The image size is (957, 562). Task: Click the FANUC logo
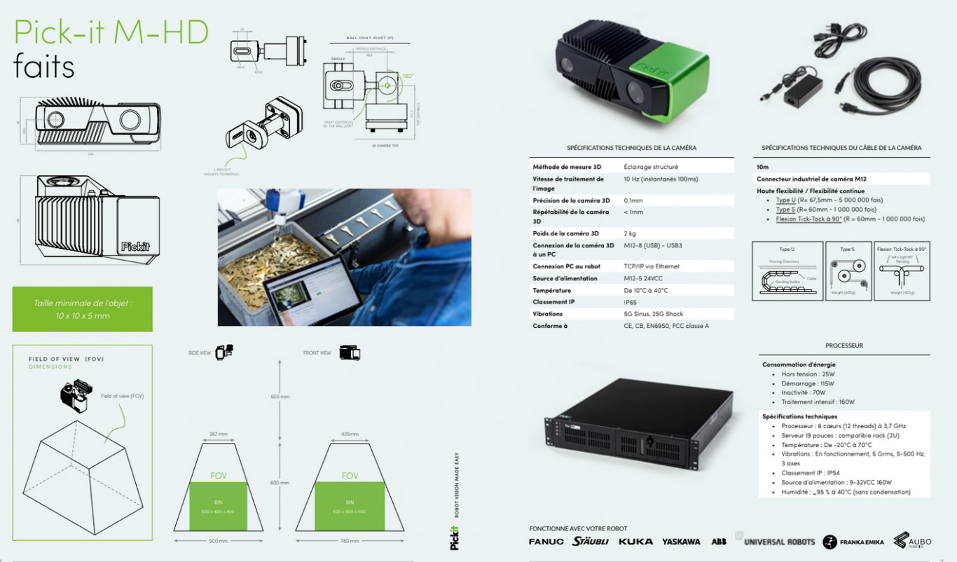click(x=546, y=542)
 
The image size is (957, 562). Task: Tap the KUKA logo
click(x=636, y=542)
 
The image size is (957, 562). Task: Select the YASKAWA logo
click(x=681, y=542)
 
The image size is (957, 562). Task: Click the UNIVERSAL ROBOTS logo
click(x=778, y=542)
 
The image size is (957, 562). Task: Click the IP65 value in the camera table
click(x=631, y=302)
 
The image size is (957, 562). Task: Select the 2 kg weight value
click(x=629, y=233)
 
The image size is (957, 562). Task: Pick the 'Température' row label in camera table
click(x=551, y=290)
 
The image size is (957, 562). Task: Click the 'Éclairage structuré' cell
click(x=651, y=167)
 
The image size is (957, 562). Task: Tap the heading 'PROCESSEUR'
click(x=844, y=345)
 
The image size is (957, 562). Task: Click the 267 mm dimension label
click(x=219, y=434)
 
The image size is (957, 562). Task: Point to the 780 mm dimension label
click(x=350, y=541)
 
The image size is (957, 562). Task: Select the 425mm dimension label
click(x=350, y=434)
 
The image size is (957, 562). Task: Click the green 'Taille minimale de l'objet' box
click(x=83, y=309)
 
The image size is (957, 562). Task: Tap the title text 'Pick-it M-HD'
click(x=111, y=32)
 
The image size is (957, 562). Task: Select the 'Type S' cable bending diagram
click(x=848, y=272)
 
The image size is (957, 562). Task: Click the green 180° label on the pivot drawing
click(x=408, y=76)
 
